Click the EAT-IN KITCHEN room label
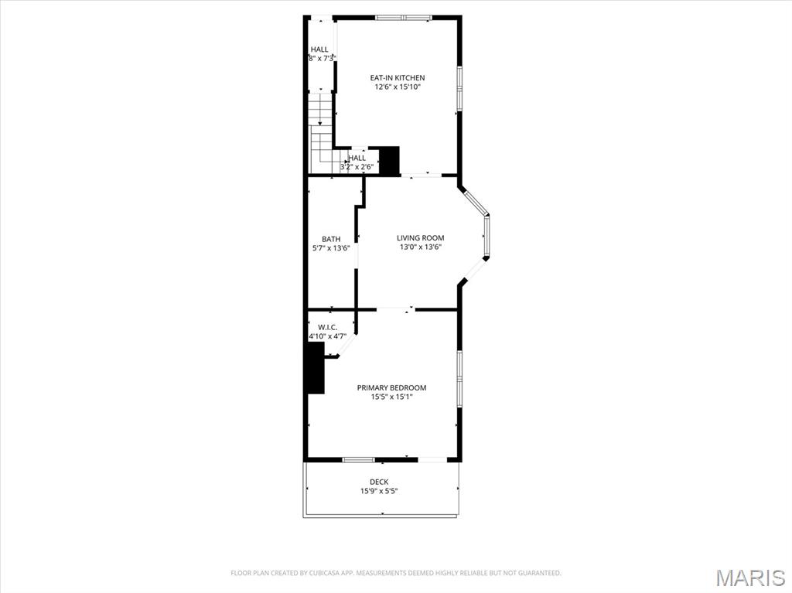pos(397,77)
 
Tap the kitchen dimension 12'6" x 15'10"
pos(397,87)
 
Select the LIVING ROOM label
pos(420,238)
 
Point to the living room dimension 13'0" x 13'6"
pos(420,247)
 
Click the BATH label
pos(331,239)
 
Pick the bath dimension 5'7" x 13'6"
pos(331,248)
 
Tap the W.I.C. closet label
pos(328,327)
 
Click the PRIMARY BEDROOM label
pos(391,387)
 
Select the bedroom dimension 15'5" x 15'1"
pos(391,397)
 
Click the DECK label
pos(379,482)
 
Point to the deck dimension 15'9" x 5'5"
pos(379,491)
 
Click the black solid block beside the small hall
pos(389,161)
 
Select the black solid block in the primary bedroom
pos(316,368)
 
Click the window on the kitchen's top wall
pos(402,17)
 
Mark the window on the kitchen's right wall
pos(459,89)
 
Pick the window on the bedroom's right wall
pos(459,379)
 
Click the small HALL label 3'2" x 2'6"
pos(357,158)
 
